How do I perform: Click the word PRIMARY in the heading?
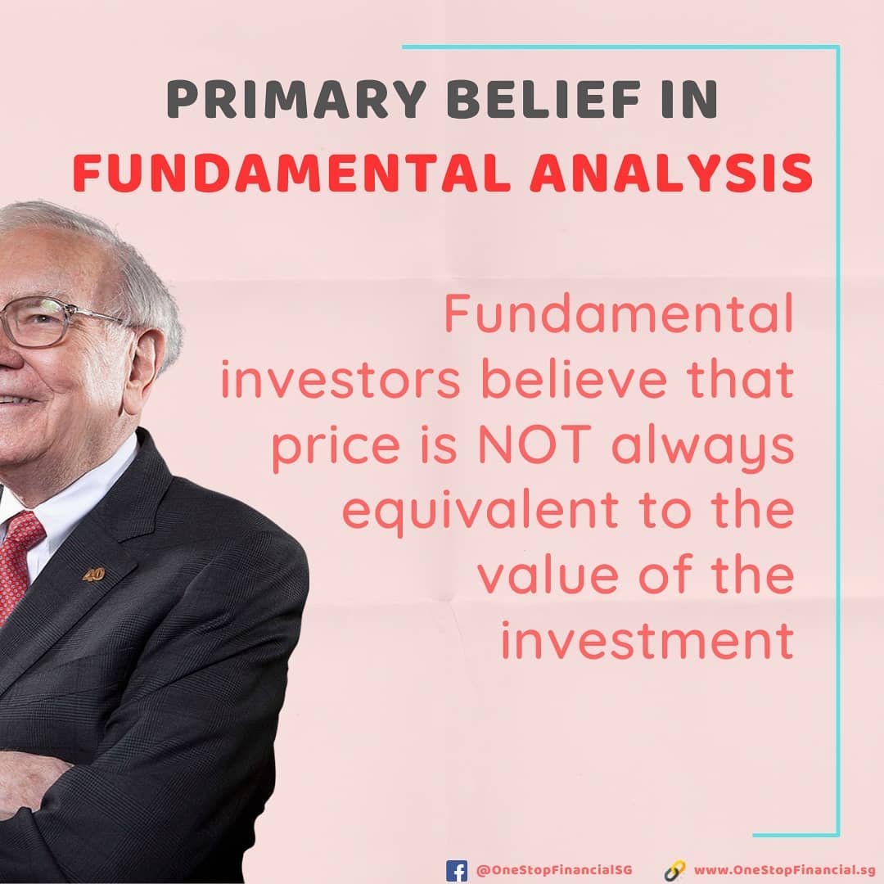coord(296,99)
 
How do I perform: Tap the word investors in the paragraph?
coord(341,380)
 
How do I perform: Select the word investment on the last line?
coord(647,640)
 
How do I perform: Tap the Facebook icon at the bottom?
coord(457,870)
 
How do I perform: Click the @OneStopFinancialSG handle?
coord(554,870)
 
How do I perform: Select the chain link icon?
coord(674,870)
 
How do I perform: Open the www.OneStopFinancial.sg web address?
coord(785,870)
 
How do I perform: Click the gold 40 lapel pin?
coord(93,575)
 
